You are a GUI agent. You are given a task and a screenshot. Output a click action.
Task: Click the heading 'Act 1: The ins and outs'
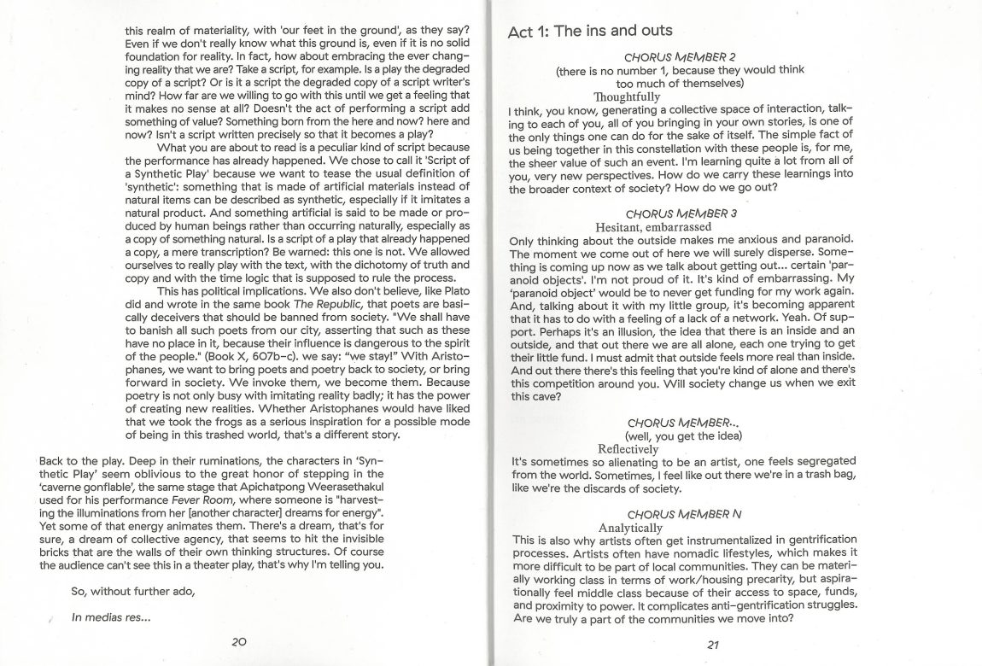pos(589,32)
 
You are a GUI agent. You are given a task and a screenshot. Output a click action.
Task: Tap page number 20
pos(239,641)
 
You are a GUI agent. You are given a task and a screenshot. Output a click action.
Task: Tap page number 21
pos(714,646)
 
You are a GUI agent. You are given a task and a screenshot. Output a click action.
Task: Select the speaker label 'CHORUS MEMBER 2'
pos(680,56)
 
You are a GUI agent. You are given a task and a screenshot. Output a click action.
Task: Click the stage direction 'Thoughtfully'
pos(627,97)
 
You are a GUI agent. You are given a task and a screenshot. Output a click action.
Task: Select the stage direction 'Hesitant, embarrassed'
pos(653,228)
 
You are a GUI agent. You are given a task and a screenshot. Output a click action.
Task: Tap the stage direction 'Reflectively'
pos(628,448)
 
